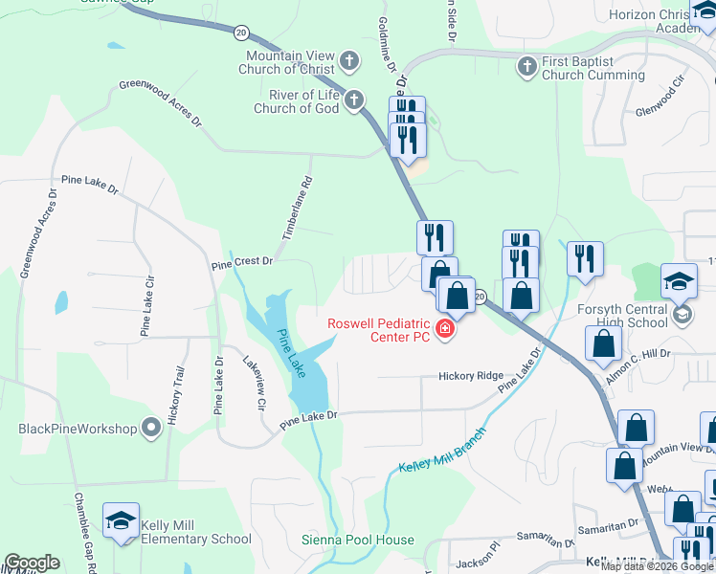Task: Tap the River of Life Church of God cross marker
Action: pyautogui.click(x=354, y=99)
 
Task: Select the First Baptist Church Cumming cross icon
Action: pyautogui.click(x=526, y=67)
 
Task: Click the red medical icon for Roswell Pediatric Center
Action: pyautogui.click(x=443, y=330)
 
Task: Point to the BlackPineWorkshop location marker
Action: pyautogui.click(x=150, y=428)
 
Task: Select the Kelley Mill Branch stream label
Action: pyautogui.click(x=441, y=450)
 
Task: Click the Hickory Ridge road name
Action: pyautogui.click(x=470, y=376)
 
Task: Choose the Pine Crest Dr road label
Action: pyautogui.click(x=242, y=260)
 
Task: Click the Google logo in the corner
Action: pyautogui.click(x=32, y=563)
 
